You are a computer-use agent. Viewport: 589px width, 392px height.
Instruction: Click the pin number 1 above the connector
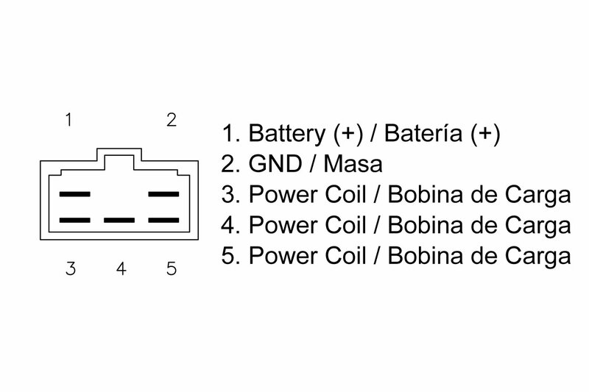(x=68, y=120)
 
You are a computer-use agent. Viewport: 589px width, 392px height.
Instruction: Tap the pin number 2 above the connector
(x=172, y=120)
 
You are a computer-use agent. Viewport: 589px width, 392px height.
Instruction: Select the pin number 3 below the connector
(x=70, y=268)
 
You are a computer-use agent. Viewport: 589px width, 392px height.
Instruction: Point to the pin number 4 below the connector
(x=122, y=268)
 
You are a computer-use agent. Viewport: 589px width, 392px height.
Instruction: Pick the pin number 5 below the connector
(x=172, y=268)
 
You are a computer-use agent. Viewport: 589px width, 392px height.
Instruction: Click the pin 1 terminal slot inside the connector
(x=74, y=195)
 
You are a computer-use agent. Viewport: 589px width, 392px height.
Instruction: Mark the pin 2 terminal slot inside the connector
(x=164, y=195)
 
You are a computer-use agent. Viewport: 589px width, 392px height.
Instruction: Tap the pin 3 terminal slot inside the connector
(x=74, y=220)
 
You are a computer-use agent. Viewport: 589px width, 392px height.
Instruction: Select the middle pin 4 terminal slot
(x=119, y=220)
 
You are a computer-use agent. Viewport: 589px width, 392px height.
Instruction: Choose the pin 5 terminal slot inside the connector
(x=164, y=220)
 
